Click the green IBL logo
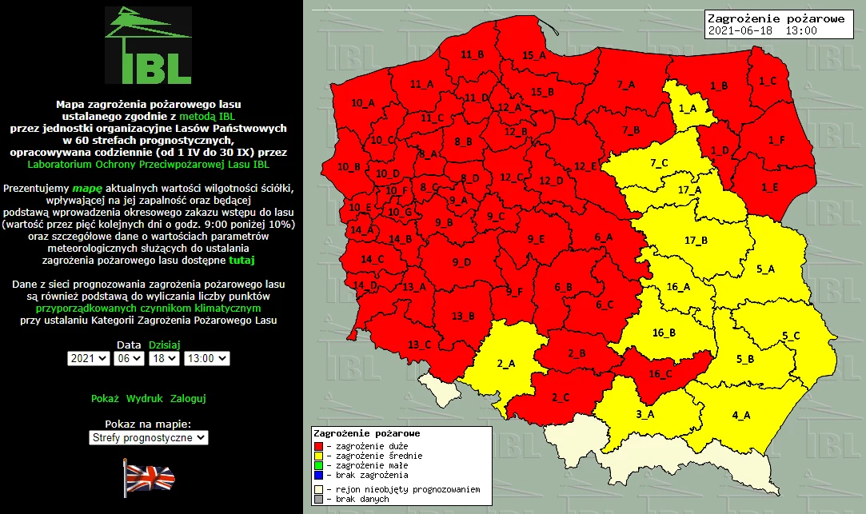149,46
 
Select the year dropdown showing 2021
89,359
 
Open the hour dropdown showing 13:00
206,359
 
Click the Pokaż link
105,398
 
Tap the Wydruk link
144,398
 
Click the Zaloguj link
188,398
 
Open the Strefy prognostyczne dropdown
148,437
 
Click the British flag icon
149,478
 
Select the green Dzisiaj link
165,345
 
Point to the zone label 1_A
688,108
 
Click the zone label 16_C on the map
660,373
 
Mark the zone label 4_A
741,415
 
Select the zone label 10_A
363,103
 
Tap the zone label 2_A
506,364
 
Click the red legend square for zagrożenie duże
318,445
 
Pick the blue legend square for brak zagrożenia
318,475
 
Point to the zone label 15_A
534,55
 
